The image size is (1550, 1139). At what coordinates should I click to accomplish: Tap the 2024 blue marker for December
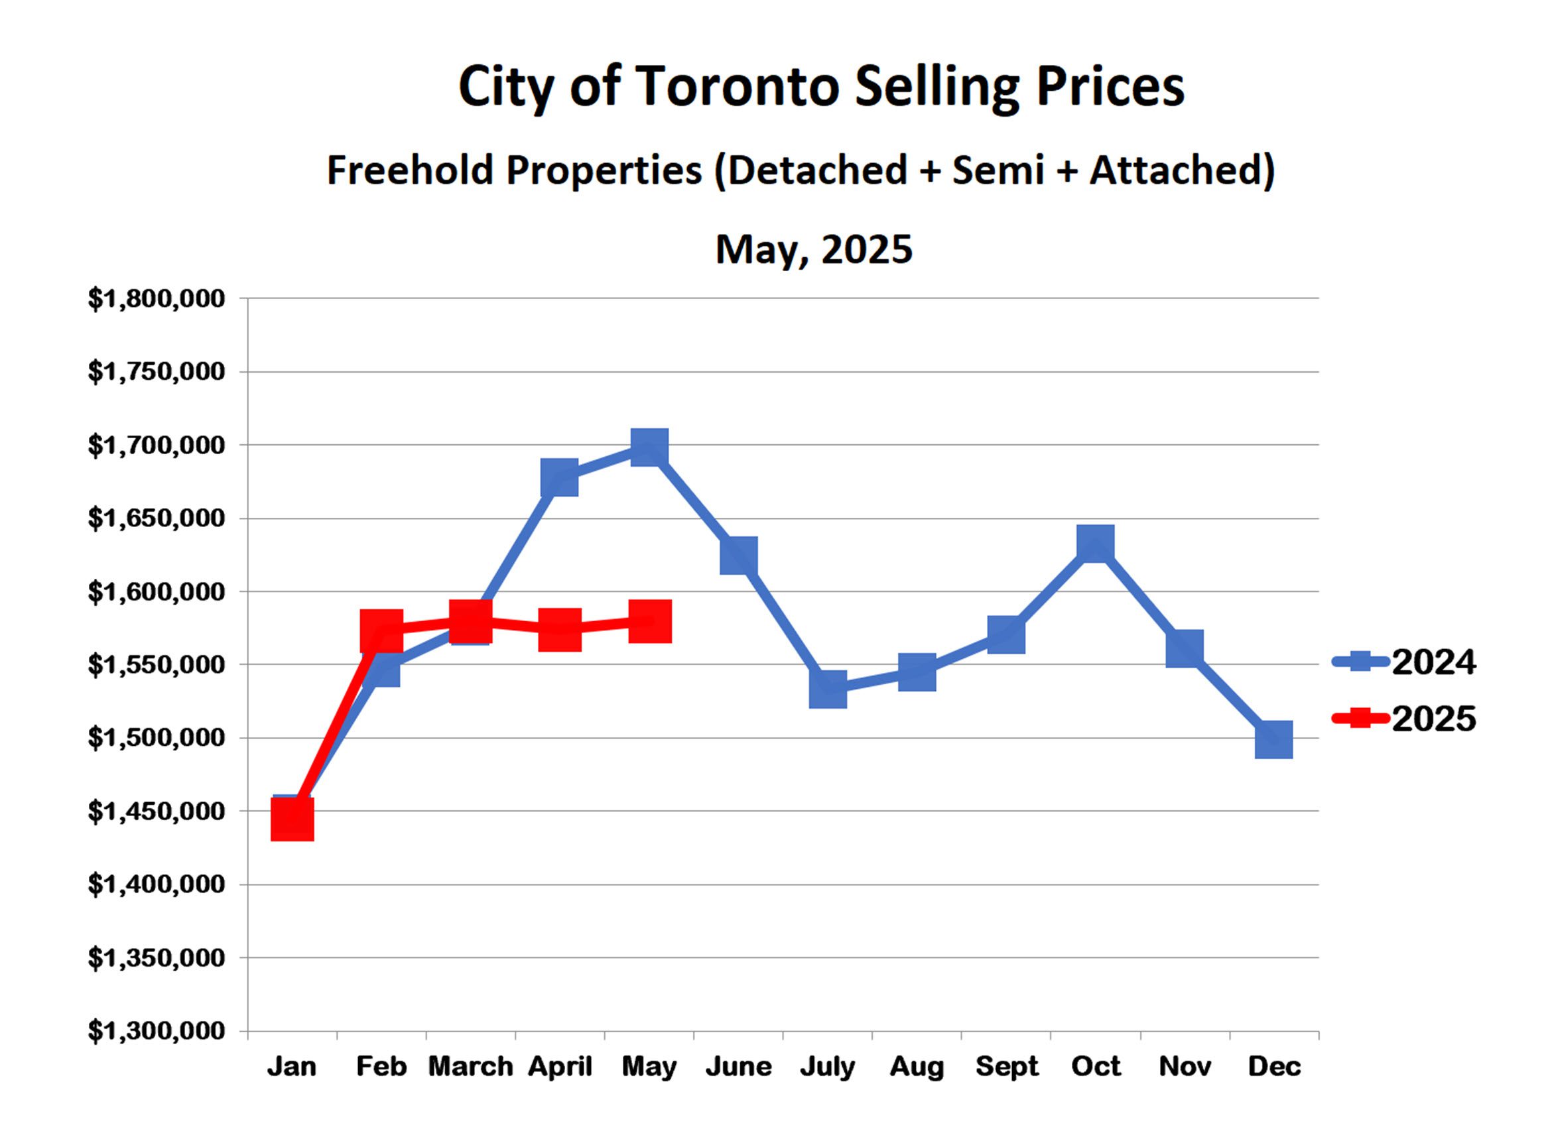coord(1273,740)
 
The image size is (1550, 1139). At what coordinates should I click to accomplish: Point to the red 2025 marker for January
coord(292,819)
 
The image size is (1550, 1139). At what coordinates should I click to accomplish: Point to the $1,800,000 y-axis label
coord(157,299)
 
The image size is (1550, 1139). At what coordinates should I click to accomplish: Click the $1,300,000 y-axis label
coord(157,1032)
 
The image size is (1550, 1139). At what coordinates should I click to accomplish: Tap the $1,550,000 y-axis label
coord(157,665)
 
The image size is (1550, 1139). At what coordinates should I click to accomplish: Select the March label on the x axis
coord(470,1067)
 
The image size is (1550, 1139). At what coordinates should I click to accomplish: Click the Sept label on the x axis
coord(1006,1067)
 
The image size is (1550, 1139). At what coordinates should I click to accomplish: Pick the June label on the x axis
coord(738,1067)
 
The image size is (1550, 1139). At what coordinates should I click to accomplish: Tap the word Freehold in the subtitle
coord(410,170)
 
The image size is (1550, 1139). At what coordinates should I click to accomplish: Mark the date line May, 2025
coord(814,249)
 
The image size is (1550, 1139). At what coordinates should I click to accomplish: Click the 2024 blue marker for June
coord(739,556)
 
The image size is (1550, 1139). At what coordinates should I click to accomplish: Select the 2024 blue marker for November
coord(1185,648)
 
